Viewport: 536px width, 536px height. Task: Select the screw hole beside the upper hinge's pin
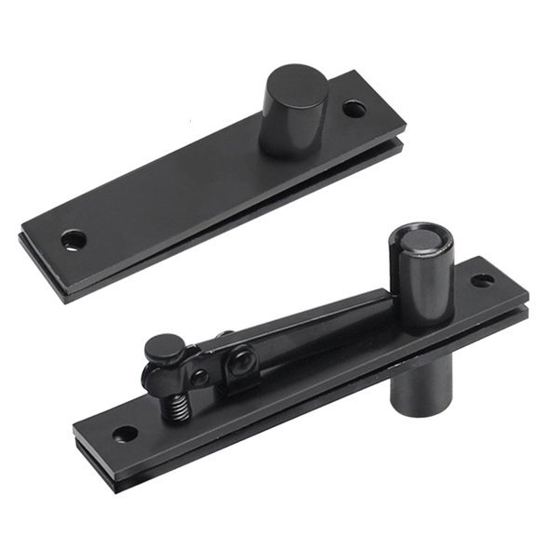pos(354,109)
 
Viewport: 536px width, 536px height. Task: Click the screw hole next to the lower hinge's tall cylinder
pos(482,280)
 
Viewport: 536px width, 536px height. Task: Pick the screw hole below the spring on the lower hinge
pos(124,434)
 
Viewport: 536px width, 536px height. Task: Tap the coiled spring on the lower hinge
pos(178,404)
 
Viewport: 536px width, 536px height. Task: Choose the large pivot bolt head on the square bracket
pos(242,358)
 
